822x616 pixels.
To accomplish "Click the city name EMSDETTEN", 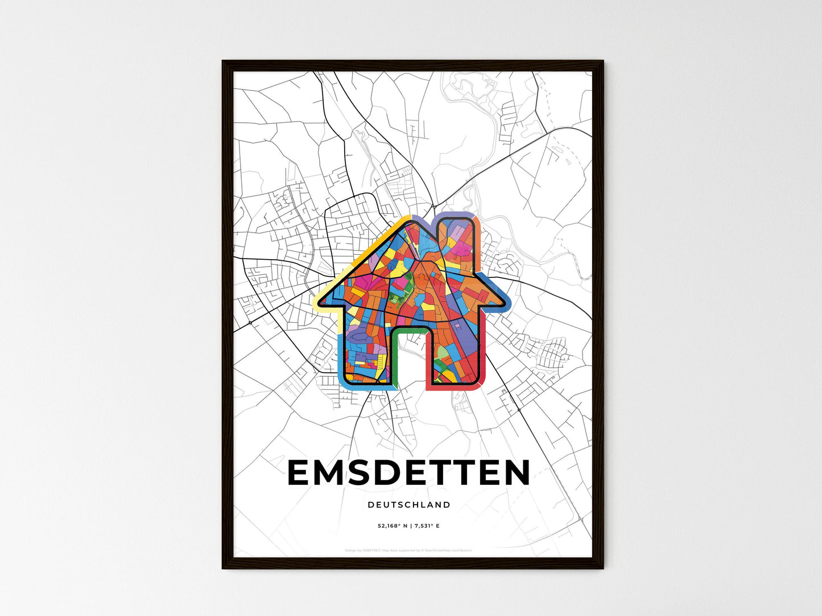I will click(409, 473).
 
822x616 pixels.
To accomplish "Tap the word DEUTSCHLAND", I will click(409, 505).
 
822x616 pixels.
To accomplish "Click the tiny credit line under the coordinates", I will click(409, 550).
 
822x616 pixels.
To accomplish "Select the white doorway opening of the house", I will click(410, 358).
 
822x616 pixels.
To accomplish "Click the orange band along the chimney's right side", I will click(478, 244).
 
